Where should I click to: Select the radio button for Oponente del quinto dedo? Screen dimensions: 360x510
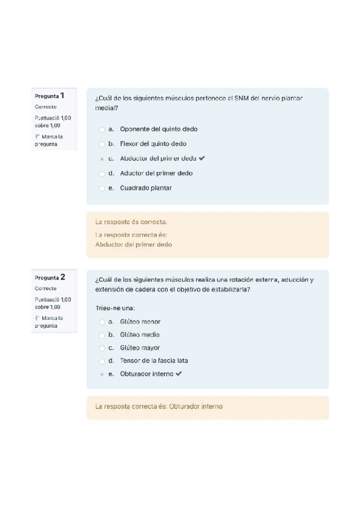102,129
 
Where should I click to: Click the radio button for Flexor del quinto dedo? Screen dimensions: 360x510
102,144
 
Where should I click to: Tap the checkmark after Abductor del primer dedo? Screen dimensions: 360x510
201,159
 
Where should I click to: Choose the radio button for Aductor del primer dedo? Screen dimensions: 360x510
102,173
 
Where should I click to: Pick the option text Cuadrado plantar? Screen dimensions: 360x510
145,188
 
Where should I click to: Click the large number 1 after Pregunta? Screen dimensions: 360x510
62,95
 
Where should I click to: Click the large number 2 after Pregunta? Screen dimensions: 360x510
62,277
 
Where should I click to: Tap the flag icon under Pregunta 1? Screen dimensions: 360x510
37,137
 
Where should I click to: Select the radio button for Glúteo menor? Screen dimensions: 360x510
102,322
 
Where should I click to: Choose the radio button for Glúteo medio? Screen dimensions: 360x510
102,335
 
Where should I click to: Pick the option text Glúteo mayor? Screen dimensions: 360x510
139,348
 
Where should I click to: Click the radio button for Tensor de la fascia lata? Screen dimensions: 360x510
102,361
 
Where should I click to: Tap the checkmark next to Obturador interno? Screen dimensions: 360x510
178,374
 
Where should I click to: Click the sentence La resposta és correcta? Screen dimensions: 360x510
131,222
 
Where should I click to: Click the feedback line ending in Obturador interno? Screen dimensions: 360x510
159,407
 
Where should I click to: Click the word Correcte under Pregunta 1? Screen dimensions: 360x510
46,106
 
